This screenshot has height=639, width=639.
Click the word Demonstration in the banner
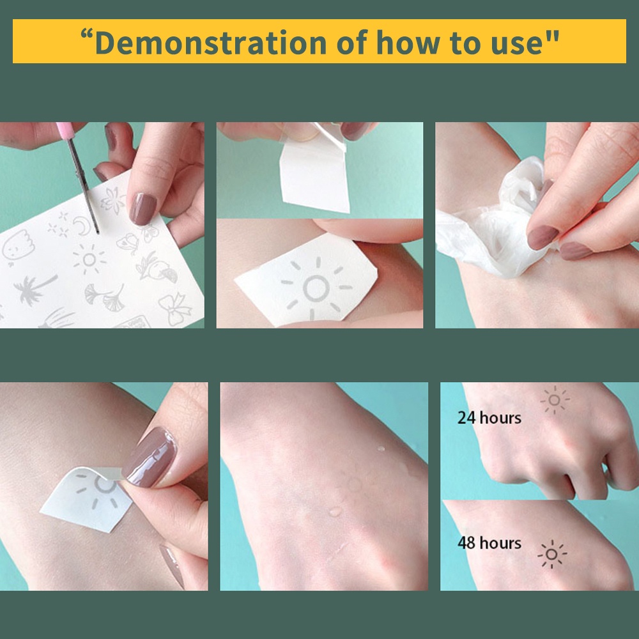[x=211, y=42]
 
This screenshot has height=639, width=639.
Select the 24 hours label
[x=489, y=418]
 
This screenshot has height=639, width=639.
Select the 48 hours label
[x=489, y=543]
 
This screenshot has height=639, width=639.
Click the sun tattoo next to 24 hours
[x=555, y=400]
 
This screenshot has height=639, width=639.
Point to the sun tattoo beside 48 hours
[x=552, y=554]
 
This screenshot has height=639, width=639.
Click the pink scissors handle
[x=65, y=130]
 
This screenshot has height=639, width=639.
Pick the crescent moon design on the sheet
[x=82, y=226]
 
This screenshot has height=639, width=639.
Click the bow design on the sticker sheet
[x=174, y=308]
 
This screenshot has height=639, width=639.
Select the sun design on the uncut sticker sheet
[x=89, y=259]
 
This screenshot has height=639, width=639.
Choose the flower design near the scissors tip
[x=112, y=200]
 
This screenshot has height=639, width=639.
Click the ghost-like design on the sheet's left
[x=17, y=246]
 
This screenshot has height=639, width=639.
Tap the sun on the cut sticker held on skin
[x=316, y=288]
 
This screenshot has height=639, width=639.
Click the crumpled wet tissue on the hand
[x=495, y=224]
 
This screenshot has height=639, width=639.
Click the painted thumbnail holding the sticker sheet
[x=142, y=209]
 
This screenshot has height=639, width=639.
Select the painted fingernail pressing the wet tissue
[x=543, y=237]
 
